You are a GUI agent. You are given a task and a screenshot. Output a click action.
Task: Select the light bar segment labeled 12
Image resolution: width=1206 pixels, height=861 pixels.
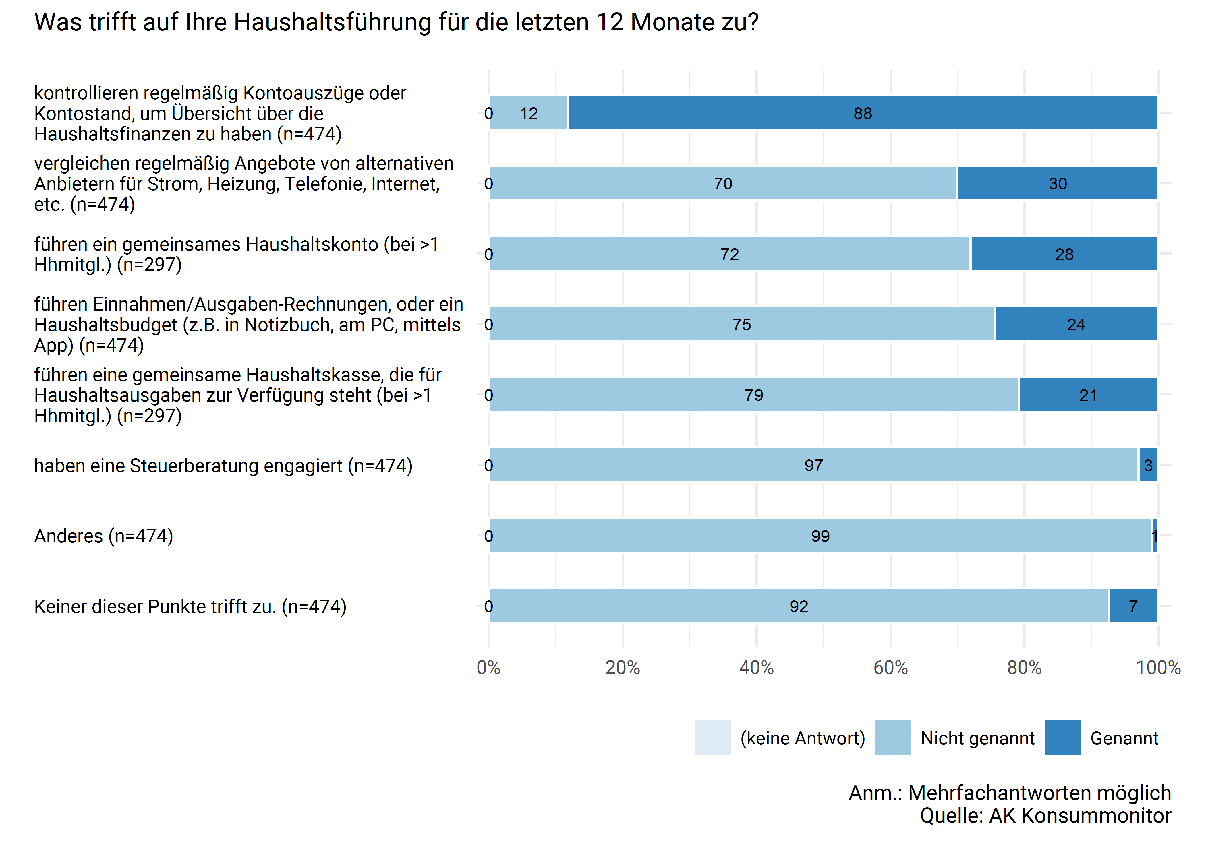529,113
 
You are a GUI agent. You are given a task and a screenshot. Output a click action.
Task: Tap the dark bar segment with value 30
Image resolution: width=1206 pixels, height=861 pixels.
1058,183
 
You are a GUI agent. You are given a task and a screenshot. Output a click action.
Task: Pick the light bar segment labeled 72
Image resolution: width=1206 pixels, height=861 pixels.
730,254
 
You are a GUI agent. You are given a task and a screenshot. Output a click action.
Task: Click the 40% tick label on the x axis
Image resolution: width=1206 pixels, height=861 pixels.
756,668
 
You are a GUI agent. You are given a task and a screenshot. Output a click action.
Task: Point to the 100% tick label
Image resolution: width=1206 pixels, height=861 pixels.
1158,668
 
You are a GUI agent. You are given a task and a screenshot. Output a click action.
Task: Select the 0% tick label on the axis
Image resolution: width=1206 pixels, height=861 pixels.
488,668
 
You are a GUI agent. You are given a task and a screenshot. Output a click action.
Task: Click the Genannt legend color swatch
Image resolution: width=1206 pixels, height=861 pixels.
1062,738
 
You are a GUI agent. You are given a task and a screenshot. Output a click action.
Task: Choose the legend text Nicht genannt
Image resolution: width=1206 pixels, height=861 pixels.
977,738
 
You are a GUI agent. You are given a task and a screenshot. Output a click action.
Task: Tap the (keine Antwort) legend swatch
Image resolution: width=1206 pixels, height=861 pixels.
713,738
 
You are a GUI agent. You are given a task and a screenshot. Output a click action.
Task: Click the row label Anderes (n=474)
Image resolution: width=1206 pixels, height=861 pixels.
104,536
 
